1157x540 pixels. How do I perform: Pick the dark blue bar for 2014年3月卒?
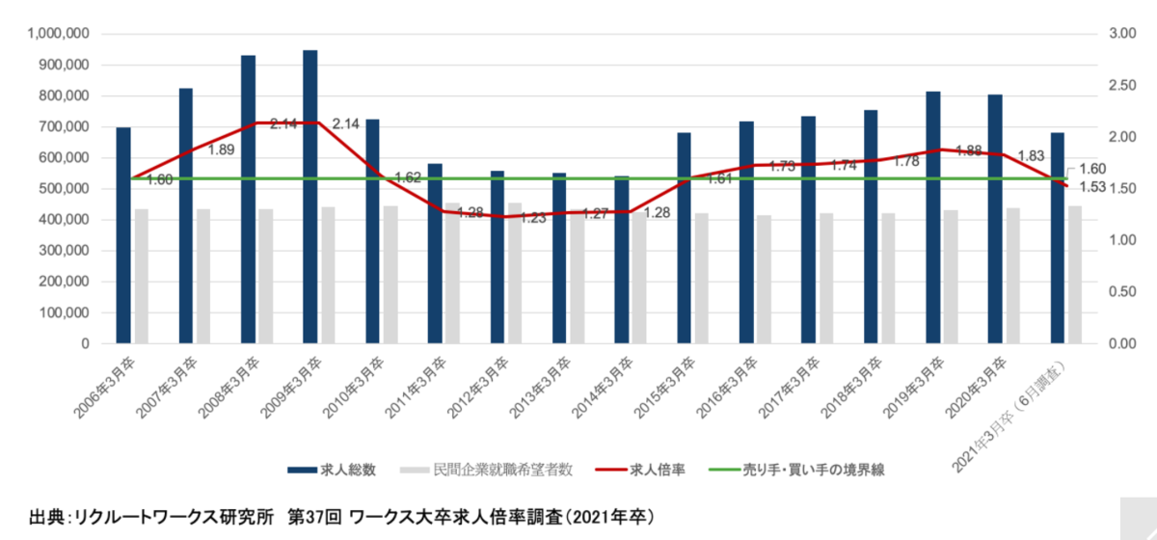point(622,259)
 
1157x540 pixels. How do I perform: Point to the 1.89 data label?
point(221,149)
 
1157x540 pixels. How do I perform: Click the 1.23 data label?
point(533,218)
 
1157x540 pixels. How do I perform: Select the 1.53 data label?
point(1096,185)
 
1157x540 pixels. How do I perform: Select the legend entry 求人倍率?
point(655,471)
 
